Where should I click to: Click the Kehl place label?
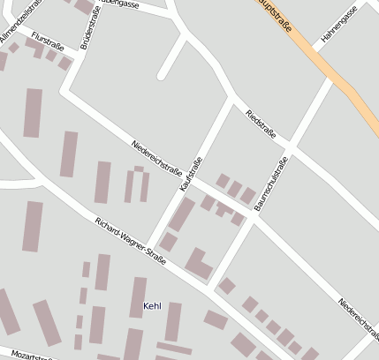(x=152, y=306)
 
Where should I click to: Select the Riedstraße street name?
(x=261, y=124)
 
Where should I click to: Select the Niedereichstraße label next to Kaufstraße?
(x=156, y=157)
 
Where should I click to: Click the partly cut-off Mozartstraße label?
(x=27, y=356)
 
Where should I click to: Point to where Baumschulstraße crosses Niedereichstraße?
(x=253, y=220)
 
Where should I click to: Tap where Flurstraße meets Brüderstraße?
(x=72, y=56)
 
